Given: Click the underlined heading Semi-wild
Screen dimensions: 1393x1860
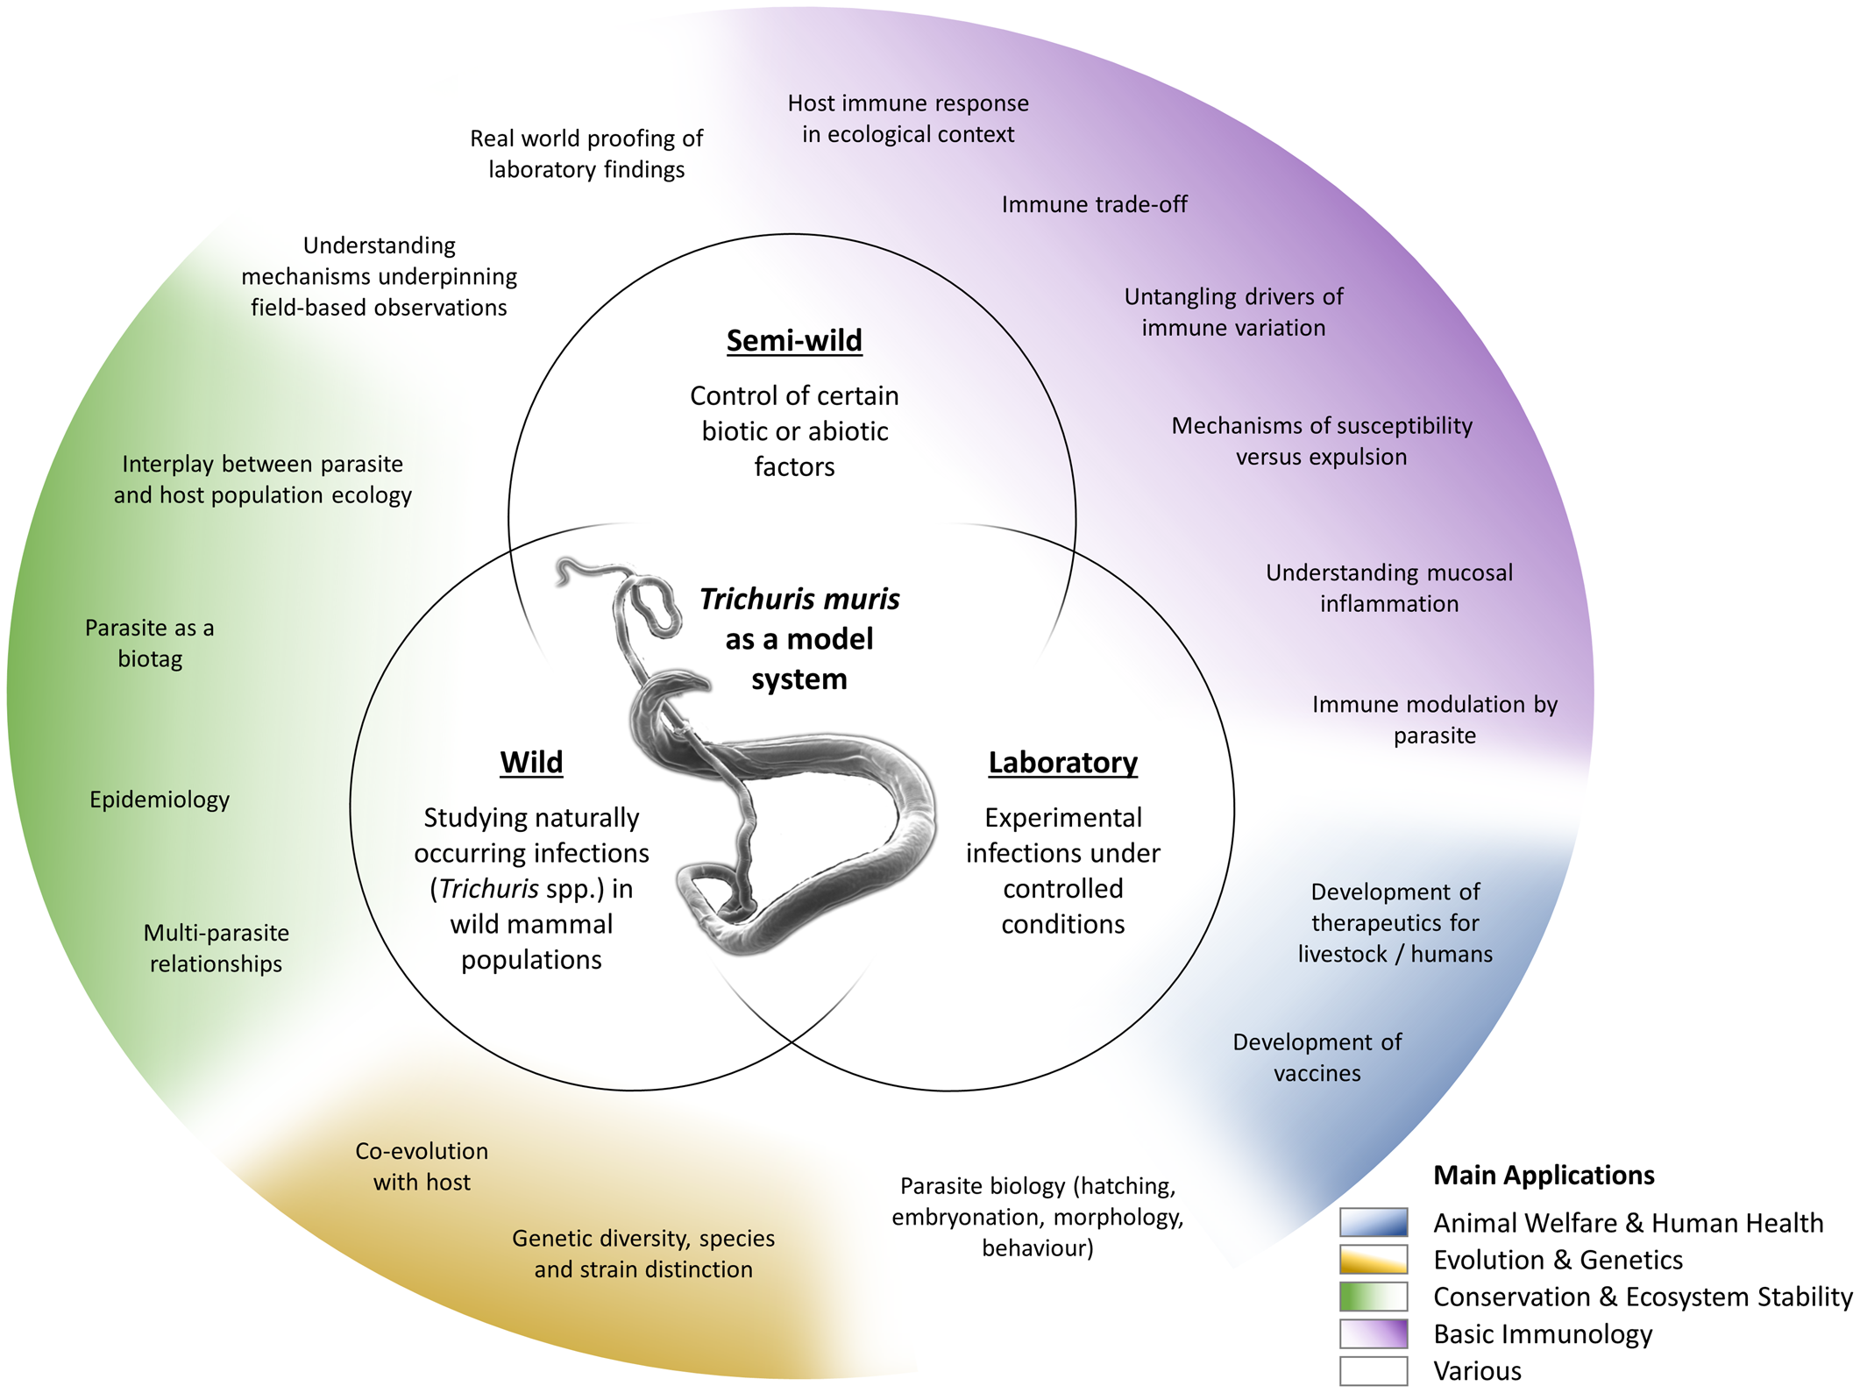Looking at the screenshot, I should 794,340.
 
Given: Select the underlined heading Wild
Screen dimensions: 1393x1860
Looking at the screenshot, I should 531,762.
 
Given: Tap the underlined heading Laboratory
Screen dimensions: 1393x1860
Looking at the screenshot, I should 1062,762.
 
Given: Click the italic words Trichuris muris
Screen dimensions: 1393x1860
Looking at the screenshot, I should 799,600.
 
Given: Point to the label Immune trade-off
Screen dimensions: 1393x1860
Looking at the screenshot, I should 1094,204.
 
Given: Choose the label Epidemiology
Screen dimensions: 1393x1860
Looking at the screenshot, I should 160,800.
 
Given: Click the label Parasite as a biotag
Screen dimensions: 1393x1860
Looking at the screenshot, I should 150,643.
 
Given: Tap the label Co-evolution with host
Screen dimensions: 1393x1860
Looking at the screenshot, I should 422,1166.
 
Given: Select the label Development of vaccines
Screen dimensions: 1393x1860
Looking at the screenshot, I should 1317,1057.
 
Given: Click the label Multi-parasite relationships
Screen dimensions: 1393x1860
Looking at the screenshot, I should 217,948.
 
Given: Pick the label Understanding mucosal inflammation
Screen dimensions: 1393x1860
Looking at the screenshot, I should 1389,588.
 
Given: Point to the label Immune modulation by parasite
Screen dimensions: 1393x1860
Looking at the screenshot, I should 1434,720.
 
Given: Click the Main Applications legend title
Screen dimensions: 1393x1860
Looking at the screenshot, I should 1544,1175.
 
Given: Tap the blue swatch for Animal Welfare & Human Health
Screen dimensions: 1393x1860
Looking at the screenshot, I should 1374,1222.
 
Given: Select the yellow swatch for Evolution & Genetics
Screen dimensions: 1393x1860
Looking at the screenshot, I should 1374,1259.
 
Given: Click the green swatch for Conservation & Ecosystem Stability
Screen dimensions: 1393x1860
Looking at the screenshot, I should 1374,1297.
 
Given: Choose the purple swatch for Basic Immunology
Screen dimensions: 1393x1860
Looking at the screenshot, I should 1374,1333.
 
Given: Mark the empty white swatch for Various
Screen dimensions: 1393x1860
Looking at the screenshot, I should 1374,1371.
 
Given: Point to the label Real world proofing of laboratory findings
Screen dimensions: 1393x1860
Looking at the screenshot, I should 586,153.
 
